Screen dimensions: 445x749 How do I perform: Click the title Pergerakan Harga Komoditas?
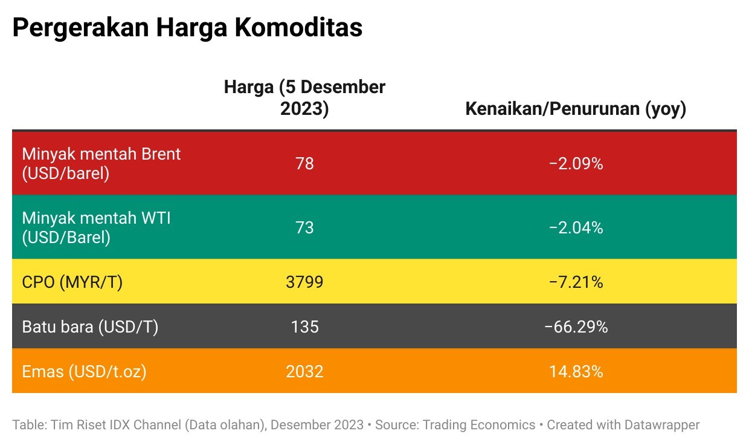pyautogui.click(x=187, y=28)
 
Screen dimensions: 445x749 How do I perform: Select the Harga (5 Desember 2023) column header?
pyautogui.click(x=304, y=98)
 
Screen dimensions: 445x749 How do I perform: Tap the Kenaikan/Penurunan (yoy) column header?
pyautogui.click(x=576, y=109)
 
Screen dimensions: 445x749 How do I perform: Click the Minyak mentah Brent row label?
pyautogui.click(x=101, y=163)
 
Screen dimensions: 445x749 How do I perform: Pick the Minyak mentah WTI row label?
pyautogui.click(x=96, y=227)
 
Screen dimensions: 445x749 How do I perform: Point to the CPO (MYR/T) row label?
pyautogui.click(x=72, y=282)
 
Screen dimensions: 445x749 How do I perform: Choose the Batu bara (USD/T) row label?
pyautogui.click(x=90, y=327)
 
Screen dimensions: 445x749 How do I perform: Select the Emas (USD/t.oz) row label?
pyautogui.click(x=84, y=371)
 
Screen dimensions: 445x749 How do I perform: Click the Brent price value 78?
pyautogui.click(x=304, y=163)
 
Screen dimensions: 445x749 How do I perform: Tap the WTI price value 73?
pyautogui.click(x=304, y=227)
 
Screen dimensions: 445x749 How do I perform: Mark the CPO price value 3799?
pyautogui.click(x=304, y=282)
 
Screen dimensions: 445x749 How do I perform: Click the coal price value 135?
pyautogui.click(x=304, y=327)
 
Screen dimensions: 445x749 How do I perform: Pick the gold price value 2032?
pyautogui.click(x=304, y=371)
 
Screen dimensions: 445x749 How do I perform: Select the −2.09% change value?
pyautogui.click(x=576, y=163)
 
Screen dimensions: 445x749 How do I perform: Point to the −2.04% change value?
pyautogui.click(x=576, y=227)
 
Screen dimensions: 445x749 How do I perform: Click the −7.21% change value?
pyautogui.click(x=576, y=282)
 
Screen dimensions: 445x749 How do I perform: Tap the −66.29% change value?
pyautogui.click(x=576, y=327)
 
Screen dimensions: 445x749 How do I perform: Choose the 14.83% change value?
pyautogui.click(x=576, y=371)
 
